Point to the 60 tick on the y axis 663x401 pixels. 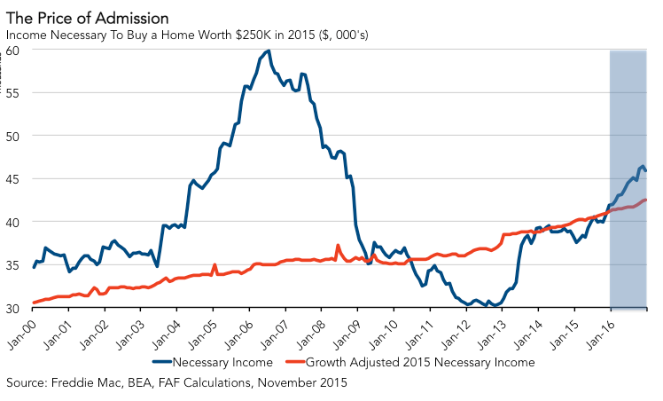12,51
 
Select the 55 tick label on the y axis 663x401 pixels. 12,92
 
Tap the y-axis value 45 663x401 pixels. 12,178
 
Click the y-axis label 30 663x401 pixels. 12,308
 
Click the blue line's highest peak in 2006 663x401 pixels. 268,51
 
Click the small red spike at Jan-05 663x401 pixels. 214,264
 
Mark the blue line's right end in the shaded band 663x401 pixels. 646,170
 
